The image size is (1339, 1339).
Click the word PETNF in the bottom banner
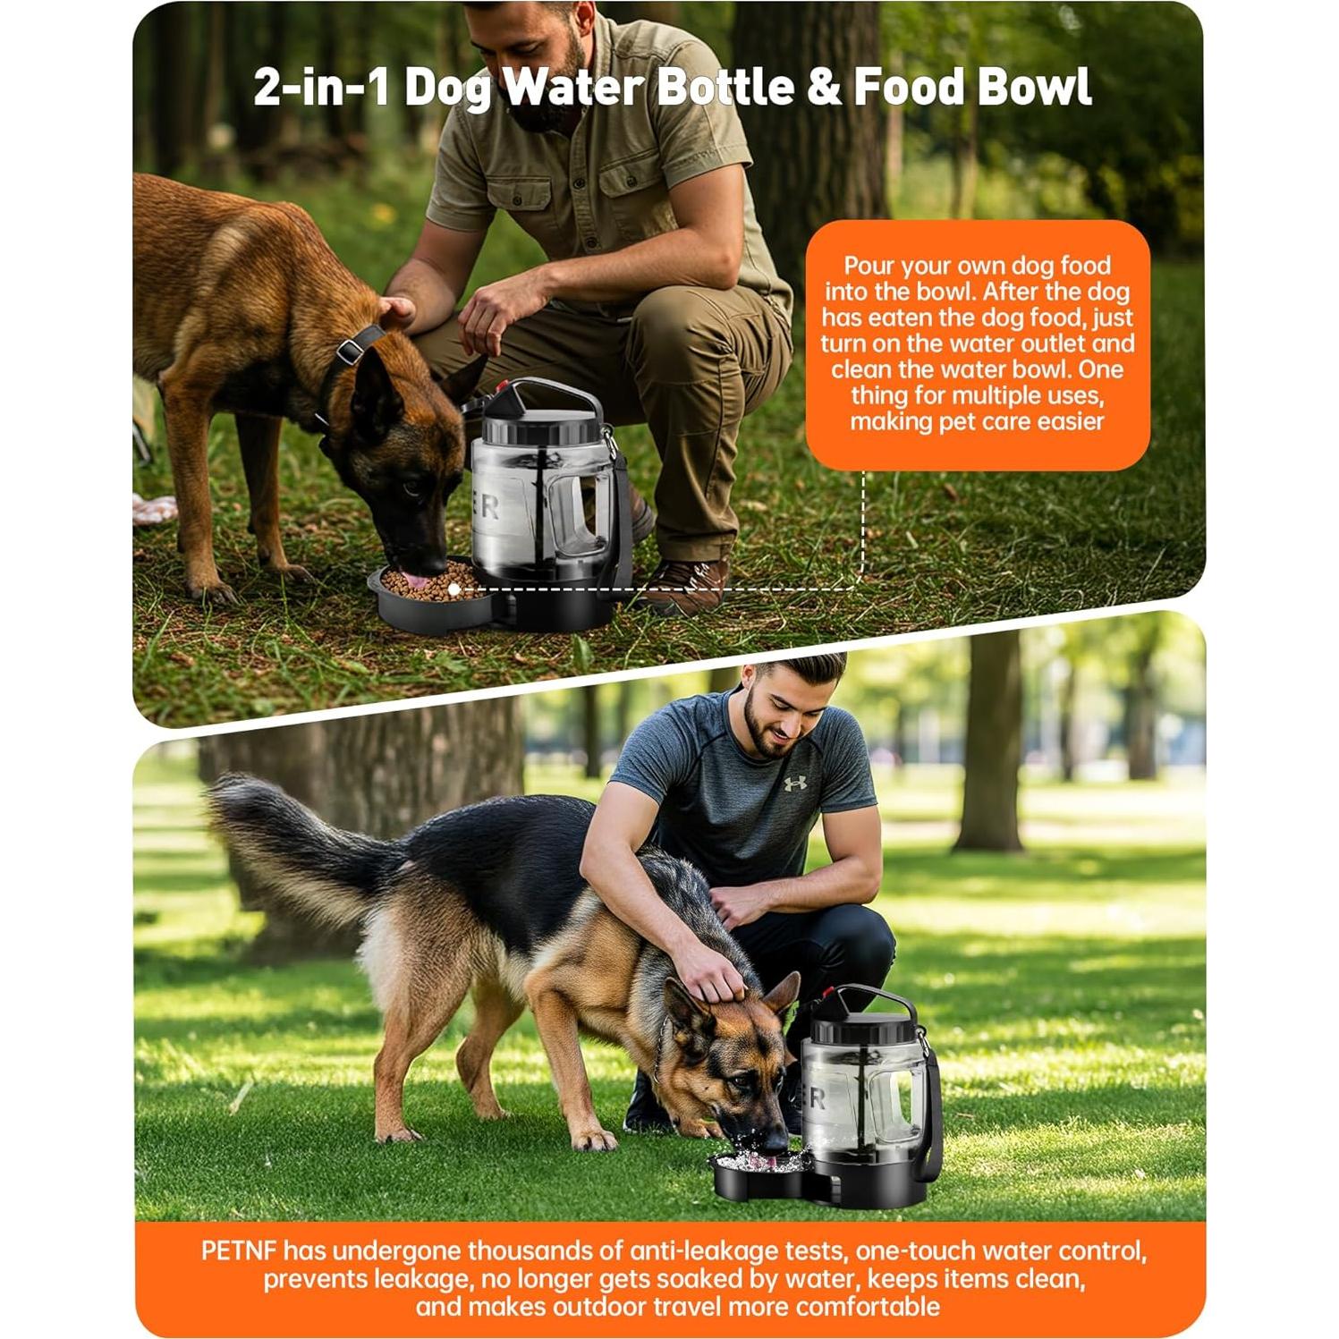pyautogui.click(x=239, y=1250)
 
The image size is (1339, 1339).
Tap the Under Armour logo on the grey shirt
pyautogui.click(x=794, y=784)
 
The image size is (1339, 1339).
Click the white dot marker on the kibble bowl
pyautogui.click(x=454, y=589)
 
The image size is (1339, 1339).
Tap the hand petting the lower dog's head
pyautogui.click(x=716, y=975)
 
